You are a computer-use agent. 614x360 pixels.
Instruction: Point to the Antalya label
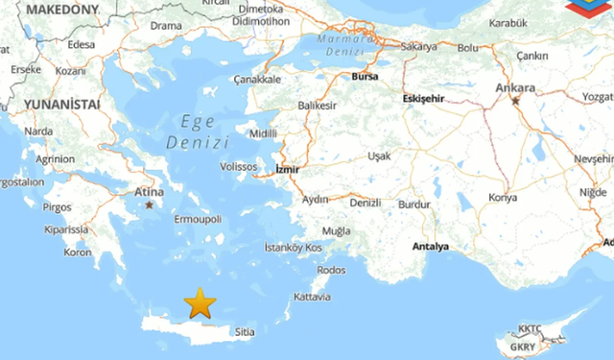point(430,247)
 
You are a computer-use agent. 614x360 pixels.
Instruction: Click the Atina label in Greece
point(149,192)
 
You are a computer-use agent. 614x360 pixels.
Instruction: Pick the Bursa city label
point(366,75)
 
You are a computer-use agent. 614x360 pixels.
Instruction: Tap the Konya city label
point(502,197)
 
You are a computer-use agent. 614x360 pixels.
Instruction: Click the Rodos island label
point(331,270)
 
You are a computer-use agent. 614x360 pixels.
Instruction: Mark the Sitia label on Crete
point(245,332)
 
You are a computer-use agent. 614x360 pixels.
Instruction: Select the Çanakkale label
point(257,80)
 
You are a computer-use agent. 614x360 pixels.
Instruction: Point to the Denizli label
point(365,203)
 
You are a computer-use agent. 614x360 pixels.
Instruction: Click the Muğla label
point(337,231)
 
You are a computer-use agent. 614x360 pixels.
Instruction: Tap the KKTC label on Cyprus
point(530,329)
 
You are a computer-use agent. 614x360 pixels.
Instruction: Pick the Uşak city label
point(379,156)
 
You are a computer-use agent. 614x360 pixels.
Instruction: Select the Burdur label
point(414,204)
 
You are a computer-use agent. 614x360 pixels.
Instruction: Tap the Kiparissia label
point(65,230)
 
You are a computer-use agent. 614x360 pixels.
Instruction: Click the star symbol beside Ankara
point(516,101)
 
